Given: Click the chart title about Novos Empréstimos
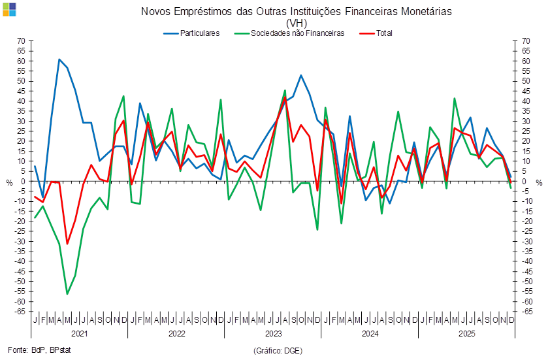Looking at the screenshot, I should point(296,12).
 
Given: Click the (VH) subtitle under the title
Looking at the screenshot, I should point(297,22).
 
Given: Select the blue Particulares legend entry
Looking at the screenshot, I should point(200,33).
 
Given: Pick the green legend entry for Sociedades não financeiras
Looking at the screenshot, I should point(297,33).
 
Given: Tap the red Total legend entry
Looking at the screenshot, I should point(374,33).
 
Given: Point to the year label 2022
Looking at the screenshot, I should point(176,333).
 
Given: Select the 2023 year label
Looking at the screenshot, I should point(272,333).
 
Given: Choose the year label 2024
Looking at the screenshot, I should point(370,333).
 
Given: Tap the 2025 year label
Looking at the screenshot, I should point(466,333).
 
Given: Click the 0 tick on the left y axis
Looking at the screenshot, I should point(23,182).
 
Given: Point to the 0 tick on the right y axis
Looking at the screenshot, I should point(524,182).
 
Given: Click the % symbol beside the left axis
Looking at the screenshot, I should point(9,182).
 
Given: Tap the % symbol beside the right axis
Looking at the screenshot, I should point(539,182).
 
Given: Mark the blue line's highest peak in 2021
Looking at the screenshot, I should point(59,59).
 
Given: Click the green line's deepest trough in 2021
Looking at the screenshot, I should point(67,294).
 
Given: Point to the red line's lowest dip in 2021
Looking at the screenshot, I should point(67,244).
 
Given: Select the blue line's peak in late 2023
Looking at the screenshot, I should point(301,75).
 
